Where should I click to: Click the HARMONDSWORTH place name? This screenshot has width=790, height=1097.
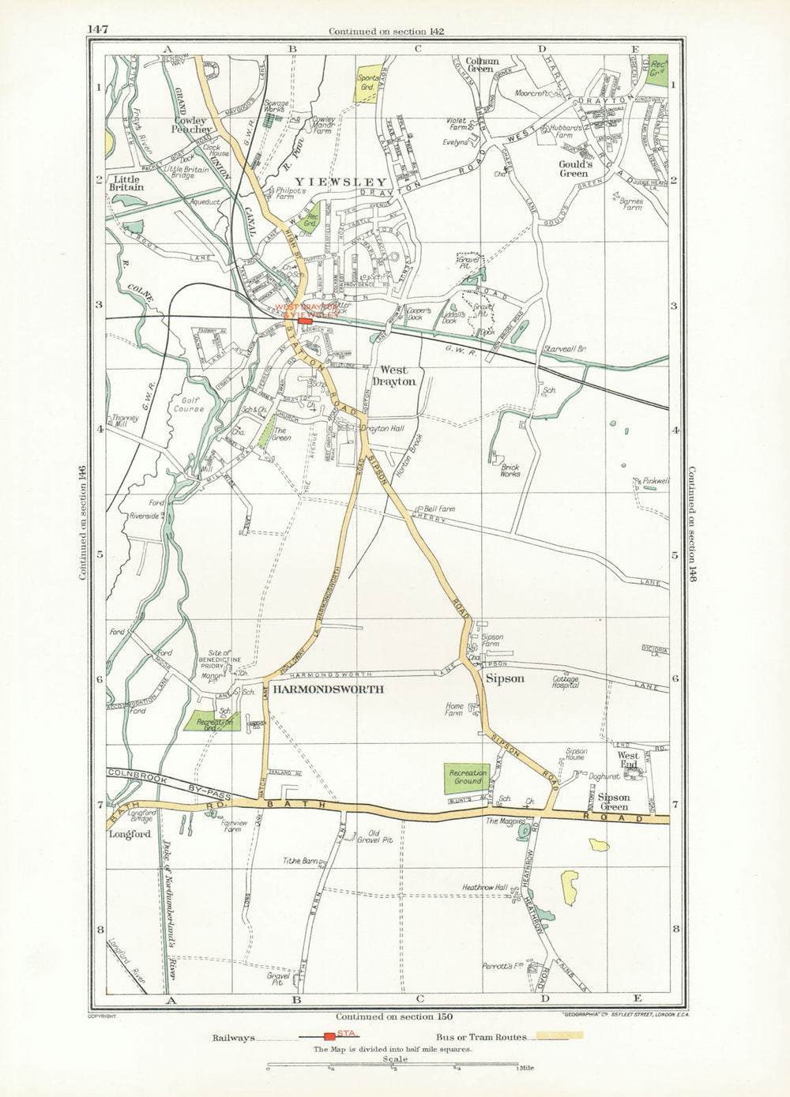pos(328,689)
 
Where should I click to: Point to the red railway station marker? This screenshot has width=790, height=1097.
pos(304,321)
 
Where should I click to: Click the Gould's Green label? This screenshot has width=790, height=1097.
pos(574,168)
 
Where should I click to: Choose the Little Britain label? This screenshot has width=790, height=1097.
pos(126,183)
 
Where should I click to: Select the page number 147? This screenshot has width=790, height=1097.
pos(98,30)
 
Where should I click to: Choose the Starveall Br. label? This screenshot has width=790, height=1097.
pos(562,348)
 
